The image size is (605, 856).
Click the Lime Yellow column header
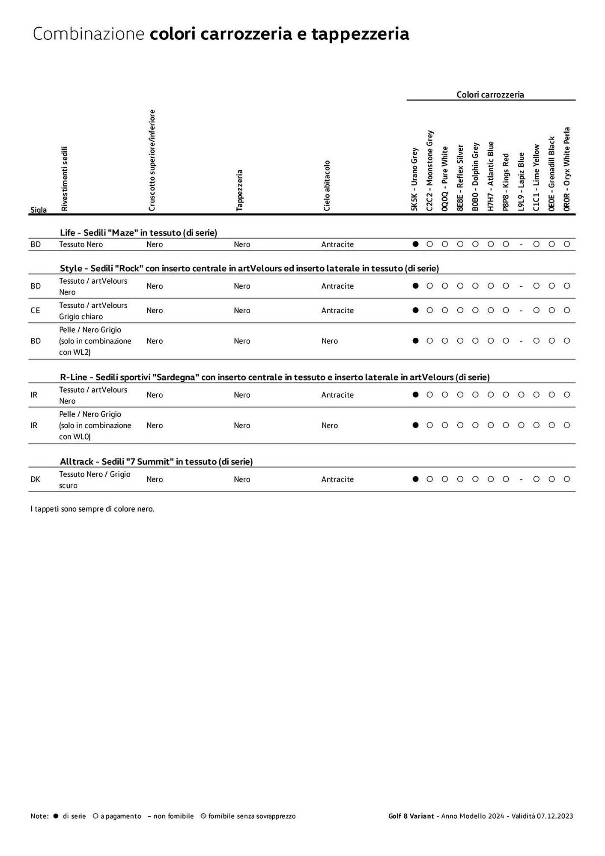pyautogui.click(x=536, y=177)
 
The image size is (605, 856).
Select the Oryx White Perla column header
pyautogui.click(x=566, y=169)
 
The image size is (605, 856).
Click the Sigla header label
pyautogui.click(x=39, y=210)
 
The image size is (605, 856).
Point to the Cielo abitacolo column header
pyautogui.click(x=327, y=185)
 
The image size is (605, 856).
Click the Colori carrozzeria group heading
pyautogui.click(x=490, y=95)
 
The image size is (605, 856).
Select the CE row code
pyautogui.click(x=35, y=310)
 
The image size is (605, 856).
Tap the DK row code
pyautogui.click(x=35, y=479)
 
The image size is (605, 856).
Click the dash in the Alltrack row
pyautogui.click(x=521, y=479)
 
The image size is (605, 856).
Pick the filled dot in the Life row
pyautogui.click(x=415, y=244)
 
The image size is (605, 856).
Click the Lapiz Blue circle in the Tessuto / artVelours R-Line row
pyautogui.click(x=521, y=395)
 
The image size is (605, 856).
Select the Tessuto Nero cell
pyautogui.click(x=81, y=244)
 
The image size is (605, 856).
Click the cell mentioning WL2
pyautogui.click(x=95, y=341)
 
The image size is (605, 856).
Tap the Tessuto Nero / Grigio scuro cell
pyautogui.click(x=95, y=479)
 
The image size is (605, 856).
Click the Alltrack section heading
pyautogui.click(x=156, y=461)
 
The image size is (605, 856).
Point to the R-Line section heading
pyautogui.click(x=274, y=377)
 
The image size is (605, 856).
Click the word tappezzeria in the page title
pyautogui.click(x=360, y=34)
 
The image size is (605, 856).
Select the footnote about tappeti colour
pyautogui.click(x=92, y=509)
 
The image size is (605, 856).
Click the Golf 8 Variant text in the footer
pyautogui.click(x=411, y=816)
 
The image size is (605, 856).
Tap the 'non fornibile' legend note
pyautogui.click(x=170, y=816)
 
